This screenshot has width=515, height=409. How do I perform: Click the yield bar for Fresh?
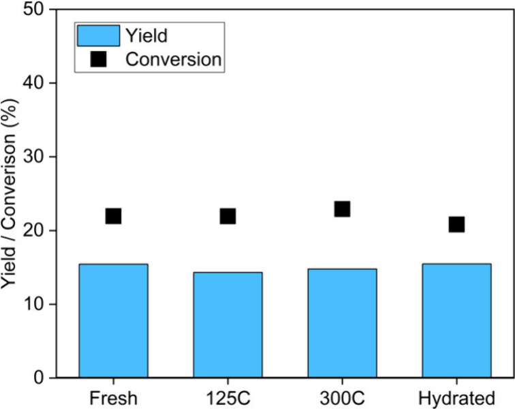point(113,321)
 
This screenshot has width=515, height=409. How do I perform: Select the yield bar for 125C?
point(228,325)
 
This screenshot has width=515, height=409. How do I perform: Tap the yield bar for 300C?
point(342,323)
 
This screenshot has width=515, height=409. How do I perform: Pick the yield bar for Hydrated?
point(456,321)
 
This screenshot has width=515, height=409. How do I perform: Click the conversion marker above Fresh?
point(113,216)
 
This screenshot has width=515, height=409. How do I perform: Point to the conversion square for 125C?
point(228,216)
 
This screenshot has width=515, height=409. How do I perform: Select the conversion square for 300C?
point(342,209)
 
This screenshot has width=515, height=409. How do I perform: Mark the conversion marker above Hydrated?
point(456,225)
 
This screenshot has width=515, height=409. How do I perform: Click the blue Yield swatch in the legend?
point(98,35)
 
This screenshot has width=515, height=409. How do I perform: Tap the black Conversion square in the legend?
point(98,59)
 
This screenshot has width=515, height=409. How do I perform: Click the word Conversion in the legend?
point(174,59)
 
